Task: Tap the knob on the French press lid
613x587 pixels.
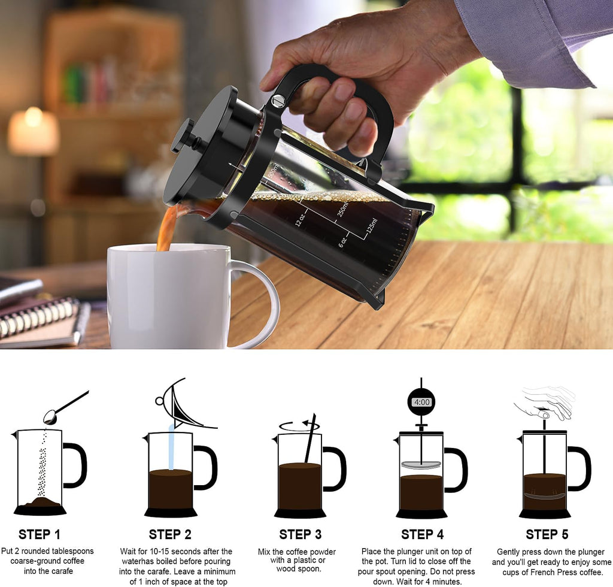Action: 182,135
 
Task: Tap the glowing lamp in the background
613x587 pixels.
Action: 34,131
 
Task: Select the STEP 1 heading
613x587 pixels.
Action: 40,534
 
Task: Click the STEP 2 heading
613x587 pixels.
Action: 170,534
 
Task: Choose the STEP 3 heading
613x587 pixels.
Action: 301,534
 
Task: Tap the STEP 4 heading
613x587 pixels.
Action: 423,534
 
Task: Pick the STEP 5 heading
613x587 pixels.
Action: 547,534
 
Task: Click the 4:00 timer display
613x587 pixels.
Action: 421,403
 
